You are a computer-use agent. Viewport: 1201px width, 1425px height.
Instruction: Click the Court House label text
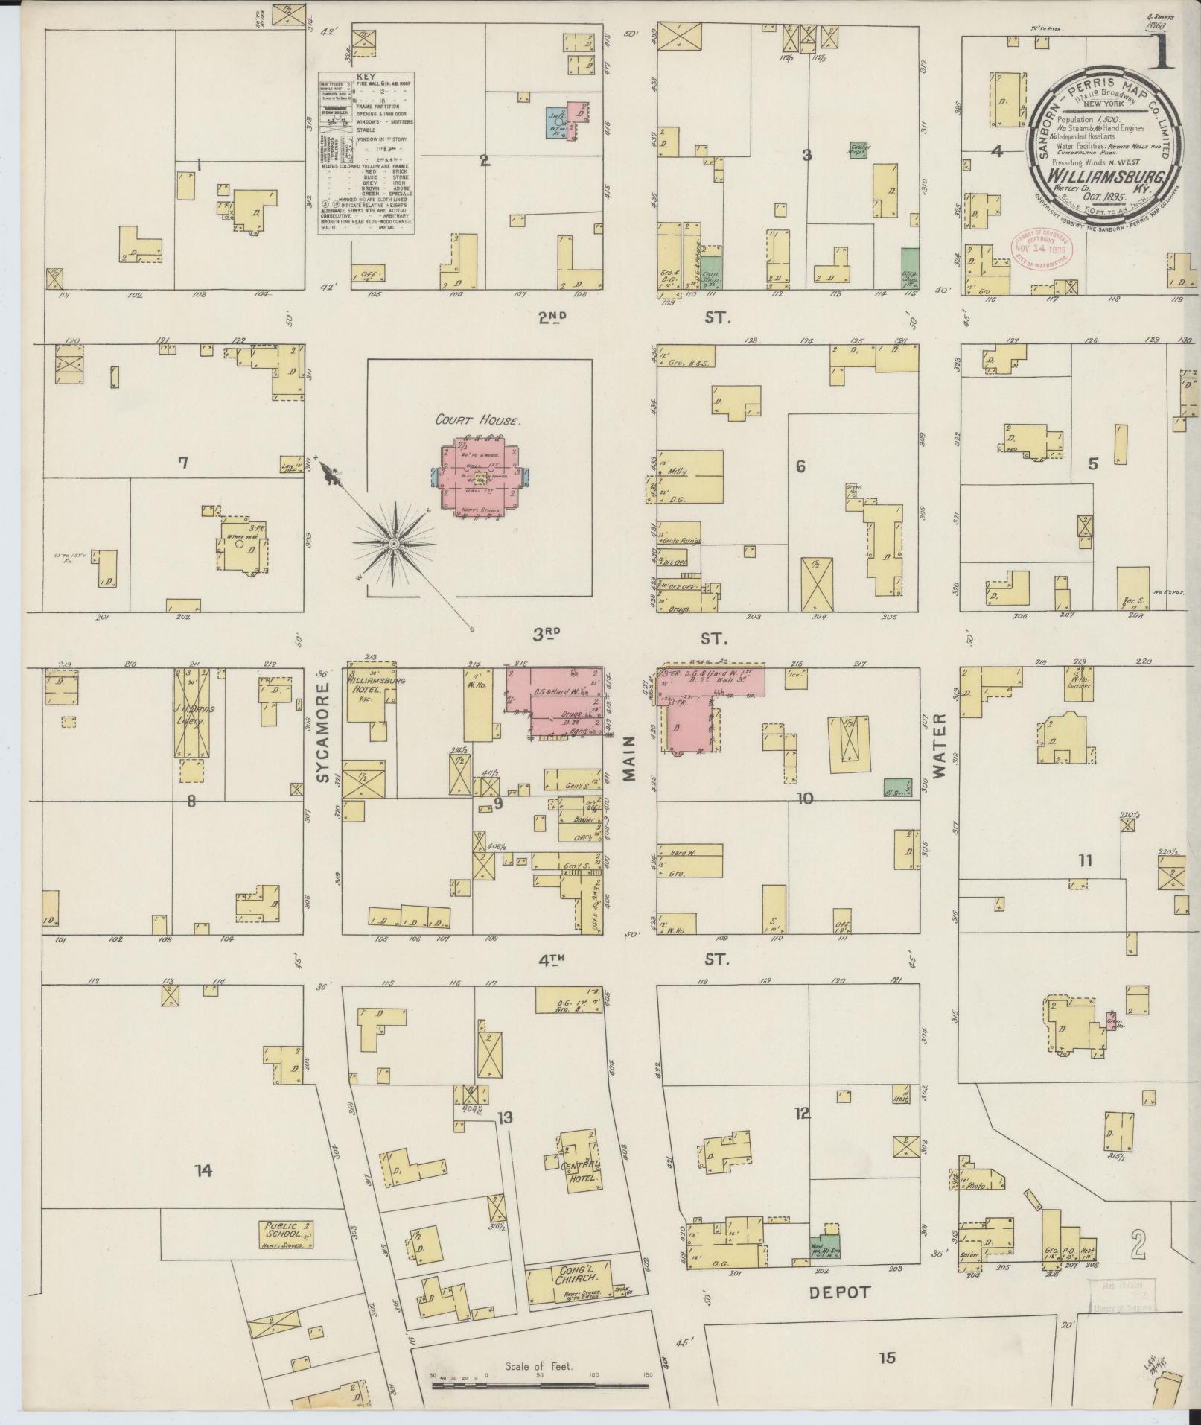(478, 420)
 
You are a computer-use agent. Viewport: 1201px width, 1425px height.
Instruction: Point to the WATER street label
(939, 745)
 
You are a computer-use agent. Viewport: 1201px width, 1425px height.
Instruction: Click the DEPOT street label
(839, 1292)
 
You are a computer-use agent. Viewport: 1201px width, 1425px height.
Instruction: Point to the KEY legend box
(366, 153)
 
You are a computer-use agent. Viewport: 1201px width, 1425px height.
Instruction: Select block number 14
(203, 1171)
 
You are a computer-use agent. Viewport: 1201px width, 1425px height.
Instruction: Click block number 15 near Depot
(886, 1358)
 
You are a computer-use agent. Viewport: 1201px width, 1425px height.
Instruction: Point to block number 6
(800, 467)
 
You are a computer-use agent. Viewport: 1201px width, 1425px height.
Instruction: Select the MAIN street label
(630, 758)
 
